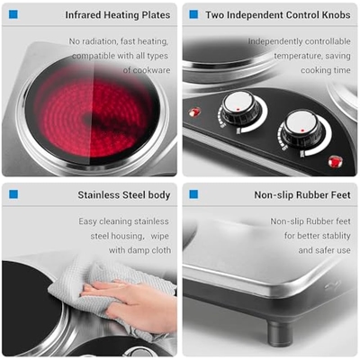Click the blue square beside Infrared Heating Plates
pyautogui.click(x=13, y=14)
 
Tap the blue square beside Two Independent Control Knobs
pyautogui.click(x=193, y=14)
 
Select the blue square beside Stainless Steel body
pyautogui.click(x=13, y=194)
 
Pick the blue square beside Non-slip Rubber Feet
pyautogui.click(x=193, y=194)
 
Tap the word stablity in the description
pyautogui.click(x=334, y=236)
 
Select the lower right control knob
pyautogui.click(x=302, y=128)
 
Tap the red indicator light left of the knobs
pyautogui.click(x=194, y=112)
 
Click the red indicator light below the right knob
pyautogui.click(x=335, y=162)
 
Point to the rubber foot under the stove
pyautogui.click(x=280, y=333)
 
